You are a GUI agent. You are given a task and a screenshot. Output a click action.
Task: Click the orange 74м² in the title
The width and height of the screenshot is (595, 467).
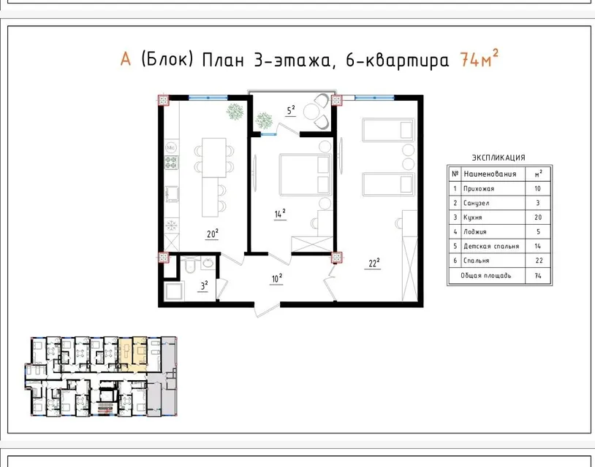point(479,58)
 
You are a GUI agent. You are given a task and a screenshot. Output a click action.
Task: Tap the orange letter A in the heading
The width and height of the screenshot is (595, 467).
point(126,59)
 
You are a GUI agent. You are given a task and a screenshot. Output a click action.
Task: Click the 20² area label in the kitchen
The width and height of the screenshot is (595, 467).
point(213,233)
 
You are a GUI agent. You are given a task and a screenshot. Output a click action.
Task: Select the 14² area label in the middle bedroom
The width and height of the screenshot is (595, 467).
point(280,214)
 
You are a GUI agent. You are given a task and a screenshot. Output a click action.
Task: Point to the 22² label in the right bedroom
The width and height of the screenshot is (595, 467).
point(374,263)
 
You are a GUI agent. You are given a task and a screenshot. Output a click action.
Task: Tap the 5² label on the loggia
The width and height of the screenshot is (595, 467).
point(291,110)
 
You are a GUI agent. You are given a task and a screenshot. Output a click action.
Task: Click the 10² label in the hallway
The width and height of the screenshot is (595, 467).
point(276,279)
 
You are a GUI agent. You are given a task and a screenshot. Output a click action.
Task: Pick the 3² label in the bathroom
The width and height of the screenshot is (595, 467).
point(204,285)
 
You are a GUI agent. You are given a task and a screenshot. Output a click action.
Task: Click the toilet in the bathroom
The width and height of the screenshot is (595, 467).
point(189,265)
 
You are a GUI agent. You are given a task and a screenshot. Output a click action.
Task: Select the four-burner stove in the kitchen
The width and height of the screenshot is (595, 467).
point(172,163)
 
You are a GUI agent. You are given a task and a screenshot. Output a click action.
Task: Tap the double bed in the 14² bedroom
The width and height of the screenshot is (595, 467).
point(305,174)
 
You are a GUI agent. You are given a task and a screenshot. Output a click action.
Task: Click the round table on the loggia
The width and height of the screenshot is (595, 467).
point(311,112)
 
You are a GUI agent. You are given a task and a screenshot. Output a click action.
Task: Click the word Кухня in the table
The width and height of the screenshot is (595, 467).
point(472,217)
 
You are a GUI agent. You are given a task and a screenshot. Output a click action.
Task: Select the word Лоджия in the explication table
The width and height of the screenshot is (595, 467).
point(474,232)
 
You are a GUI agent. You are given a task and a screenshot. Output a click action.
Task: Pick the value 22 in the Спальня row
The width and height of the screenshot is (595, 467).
point(539,260)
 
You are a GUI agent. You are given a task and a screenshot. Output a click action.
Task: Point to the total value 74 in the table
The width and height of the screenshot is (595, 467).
point(538,276)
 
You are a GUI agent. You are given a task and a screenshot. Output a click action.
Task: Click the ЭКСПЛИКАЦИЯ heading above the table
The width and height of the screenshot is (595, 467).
point(499,158)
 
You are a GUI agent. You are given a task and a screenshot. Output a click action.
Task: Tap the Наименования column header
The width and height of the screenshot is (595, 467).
point(490,174)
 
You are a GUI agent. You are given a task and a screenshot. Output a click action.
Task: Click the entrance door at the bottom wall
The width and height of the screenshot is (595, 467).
point(266,309)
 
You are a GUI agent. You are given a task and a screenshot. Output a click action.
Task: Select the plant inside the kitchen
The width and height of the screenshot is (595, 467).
point(235,112)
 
